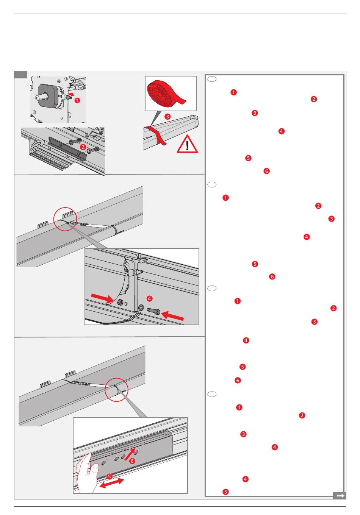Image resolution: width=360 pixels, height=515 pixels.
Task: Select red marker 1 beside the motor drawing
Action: (x=77, y=100)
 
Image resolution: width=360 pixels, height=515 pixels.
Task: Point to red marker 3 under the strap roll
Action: (x=167, y=117)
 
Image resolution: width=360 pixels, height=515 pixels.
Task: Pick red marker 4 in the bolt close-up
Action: (x=150, y=298)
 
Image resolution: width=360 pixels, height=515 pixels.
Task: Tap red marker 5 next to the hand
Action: (x=109, y=476)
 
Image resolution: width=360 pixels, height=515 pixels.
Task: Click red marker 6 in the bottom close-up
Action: (x=132, y=461)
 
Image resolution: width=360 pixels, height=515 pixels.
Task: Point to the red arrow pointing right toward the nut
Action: (x=102, y=299)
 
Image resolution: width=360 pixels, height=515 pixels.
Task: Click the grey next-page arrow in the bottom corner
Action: (x=340, y=495)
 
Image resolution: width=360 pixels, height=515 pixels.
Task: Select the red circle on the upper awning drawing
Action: (x=65, y=218)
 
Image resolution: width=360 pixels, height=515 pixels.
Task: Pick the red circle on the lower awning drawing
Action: (x=116, y=389)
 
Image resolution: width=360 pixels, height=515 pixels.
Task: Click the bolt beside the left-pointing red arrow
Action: (x=154, y=311)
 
